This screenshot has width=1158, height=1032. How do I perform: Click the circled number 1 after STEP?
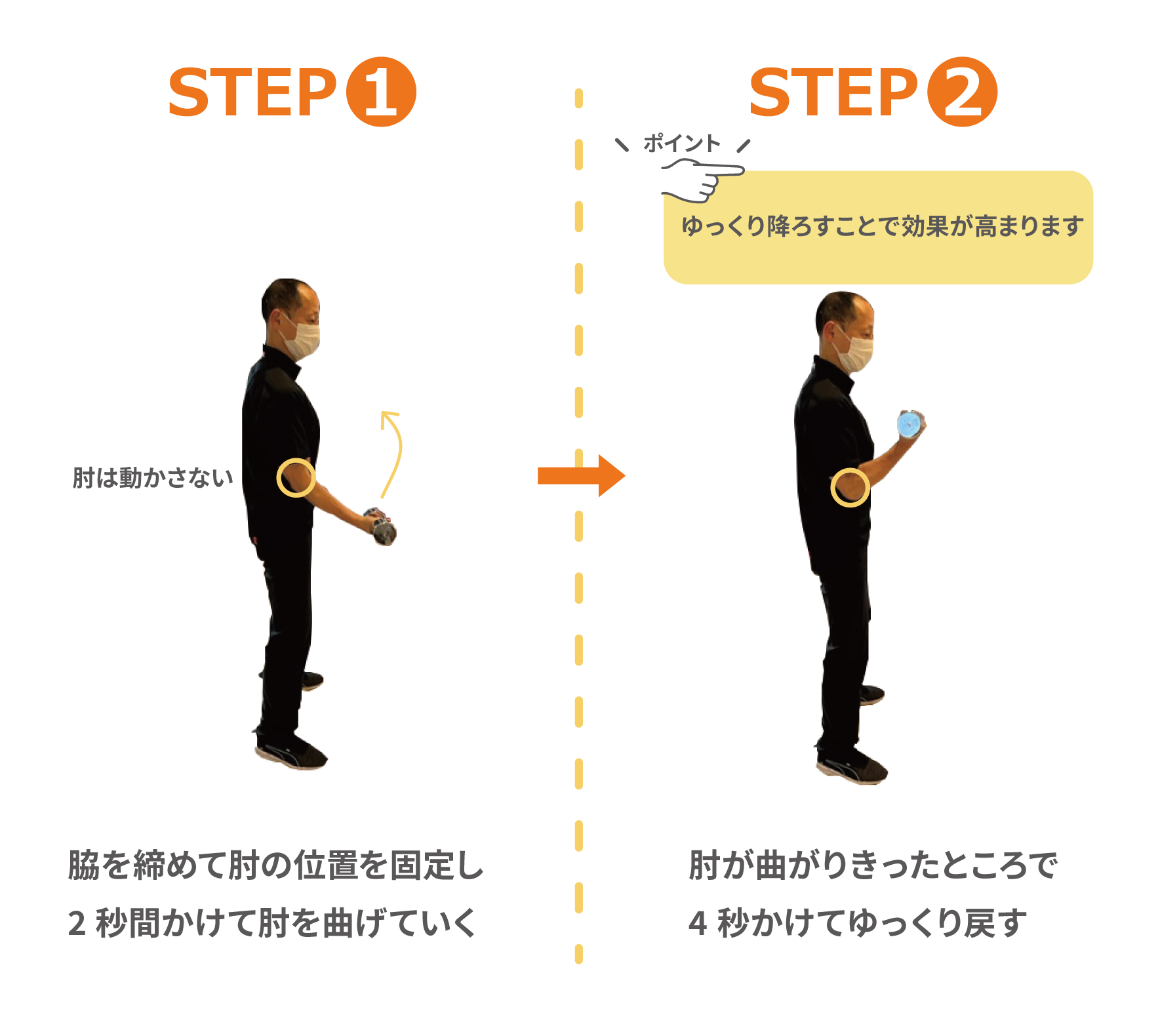click(x=380, y=92)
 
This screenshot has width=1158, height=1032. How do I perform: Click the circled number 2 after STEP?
click(x=962, y=92)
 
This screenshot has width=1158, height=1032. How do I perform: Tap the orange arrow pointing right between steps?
click(x=581, y=476)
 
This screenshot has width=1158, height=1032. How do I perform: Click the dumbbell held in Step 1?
click(x=381, y=525)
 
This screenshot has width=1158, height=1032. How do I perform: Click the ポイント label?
click(x=681, y=143)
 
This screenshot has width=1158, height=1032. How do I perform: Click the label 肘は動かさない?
click(x=153, y=478)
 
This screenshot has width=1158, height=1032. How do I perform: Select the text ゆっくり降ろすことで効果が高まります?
click(x=882, y=226)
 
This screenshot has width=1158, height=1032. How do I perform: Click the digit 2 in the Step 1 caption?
click(x=77, y=923)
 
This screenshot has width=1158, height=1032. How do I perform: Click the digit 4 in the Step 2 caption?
click(x=698, y=923)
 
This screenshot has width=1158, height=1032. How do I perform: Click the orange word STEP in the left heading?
click(x=252, y=92)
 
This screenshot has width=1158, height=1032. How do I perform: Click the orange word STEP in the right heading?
click(x=833, y=92)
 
